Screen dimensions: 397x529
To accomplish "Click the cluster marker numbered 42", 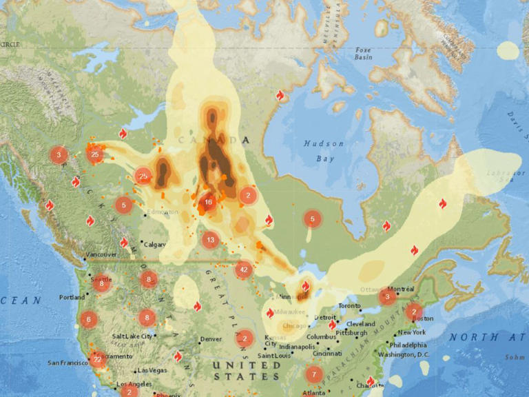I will [x=242, y=269].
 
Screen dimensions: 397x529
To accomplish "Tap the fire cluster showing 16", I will [x=208, y=203].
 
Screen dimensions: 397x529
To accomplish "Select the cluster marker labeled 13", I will [x=210, y=240].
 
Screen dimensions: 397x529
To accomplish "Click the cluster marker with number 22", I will [x=97, y=358].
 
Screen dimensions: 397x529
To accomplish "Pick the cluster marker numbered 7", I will [x=314, y=375].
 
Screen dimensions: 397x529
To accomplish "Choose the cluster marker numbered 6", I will [x=87, y=319].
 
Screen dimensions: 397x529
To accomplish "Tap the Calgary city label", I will [x=155, y=244].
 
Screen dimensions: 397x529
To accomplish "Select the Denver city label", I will [x=210, y=339].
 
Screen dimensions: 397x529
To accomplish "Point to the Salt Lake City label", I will [x=130, y=336].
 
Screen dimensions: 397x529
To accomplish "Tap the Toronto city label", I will [x=349, y=305].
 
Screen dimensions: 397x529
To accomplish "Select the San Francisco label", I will [x=68, y=363].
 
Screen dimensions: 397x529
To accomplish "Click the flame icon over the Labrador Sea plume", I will [x=442, y=203].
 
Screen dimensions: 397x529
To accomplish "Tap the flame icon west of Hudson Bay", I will [x=280, y=95].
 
